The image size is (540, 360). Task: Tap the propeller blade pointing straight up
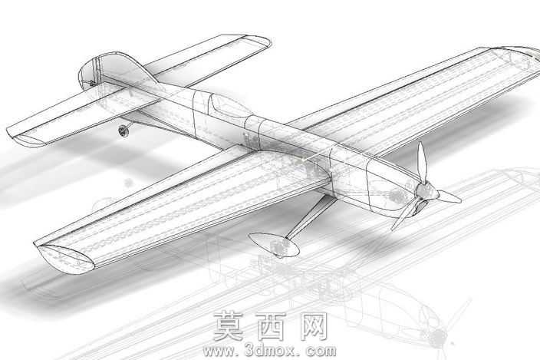click(x=423, y=162)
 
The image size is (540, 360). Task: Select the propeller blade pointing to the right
click(x=449, y=197)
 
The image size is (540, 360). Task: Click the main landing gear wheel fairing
click(x=274, y=245)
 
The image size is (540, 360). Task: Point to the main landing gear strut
click(x=310, y=218)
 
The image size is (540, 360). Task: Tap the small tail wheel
click(x=123, y=131)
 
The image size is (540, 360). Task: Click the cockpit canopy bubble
click(x=230, y=106)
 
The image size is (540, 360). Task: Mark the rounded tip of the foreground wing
click(x=65, y=259)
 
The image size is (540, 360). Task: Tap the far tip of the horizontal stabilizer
click(x=259, y=41)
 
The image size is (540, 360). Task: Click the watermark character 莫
click(x=229, y=326)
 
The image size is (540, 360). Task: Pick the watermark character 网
click(x=314, y=326)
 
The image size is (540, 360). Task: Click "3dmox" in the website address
click(x=270, y=351)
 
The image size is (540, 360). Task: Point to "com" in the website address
click(x=320, y=352)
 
